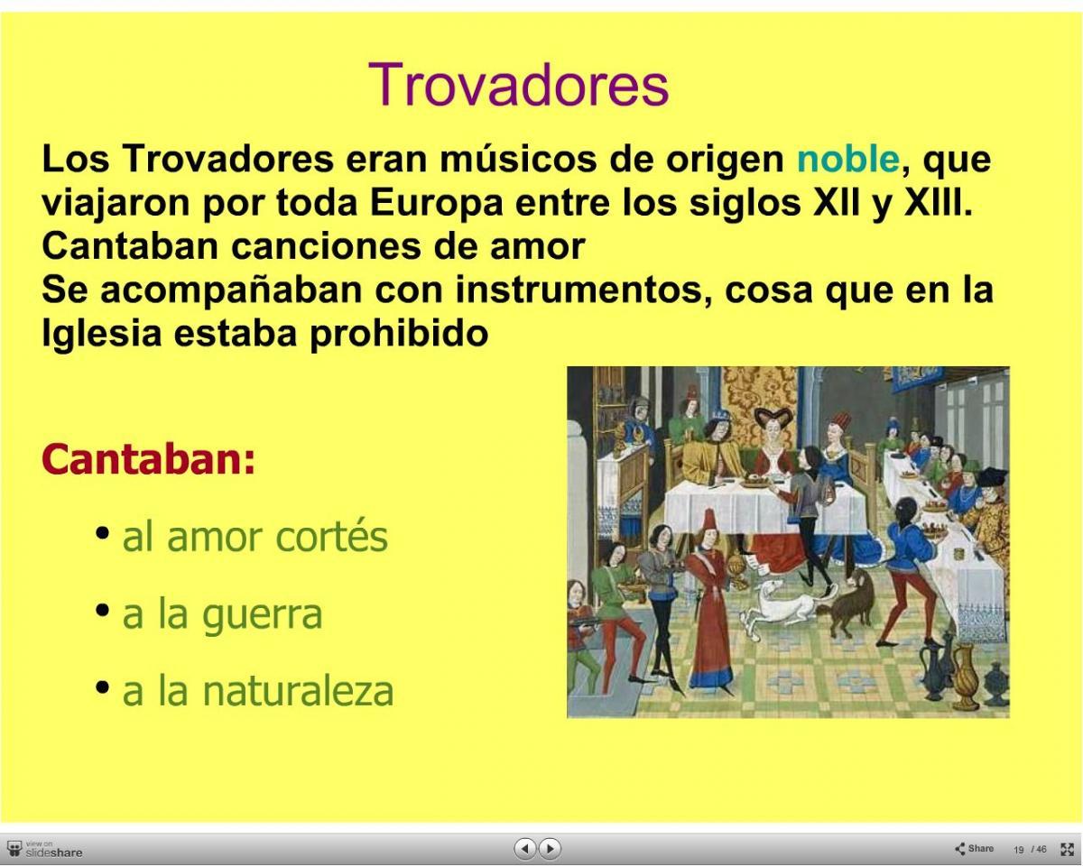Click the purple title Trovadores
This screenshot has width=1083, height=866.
click(x=518, y=84)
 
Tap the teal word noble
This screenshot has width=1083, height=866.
click(x=848, y=159)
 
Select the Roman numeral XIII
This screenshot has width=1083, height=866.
click(x=938, y=202)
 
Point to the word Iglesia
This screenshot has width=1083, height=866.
click(x=102, y=334)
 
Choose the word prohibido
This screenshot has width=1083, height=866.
click(x=399, y=332)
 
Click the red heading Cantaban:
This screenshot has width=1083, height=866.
click(x=148, y=460)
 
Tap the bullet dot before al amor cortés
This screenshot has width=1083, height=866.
click(x=103, y=533)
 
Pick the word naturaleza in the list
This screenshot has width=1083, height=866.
click(x=298, y=691)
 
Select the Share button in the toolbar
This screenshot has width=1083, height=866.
click(x=975, y=848)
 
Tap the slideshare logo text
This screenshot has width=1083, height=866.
click(x=54, y=852)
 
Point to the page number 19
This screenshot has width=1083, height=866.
click(x=1019, y=850)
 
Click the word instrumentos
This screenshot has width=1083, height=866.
click(x=584, y=290)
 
